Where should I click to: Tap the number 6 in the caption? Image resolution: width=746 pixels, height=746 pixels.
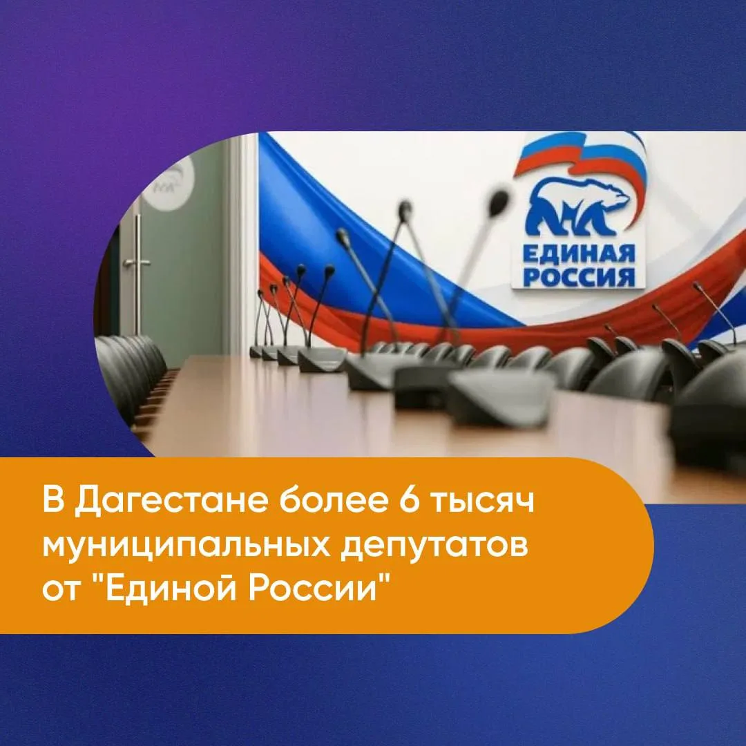point(409,501)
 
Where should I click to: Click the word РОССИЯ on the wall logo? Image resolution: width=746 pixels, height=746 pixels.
point(579,278)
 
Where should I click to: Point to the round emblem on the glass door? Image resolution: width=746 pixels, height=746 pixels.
point(172,183)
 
